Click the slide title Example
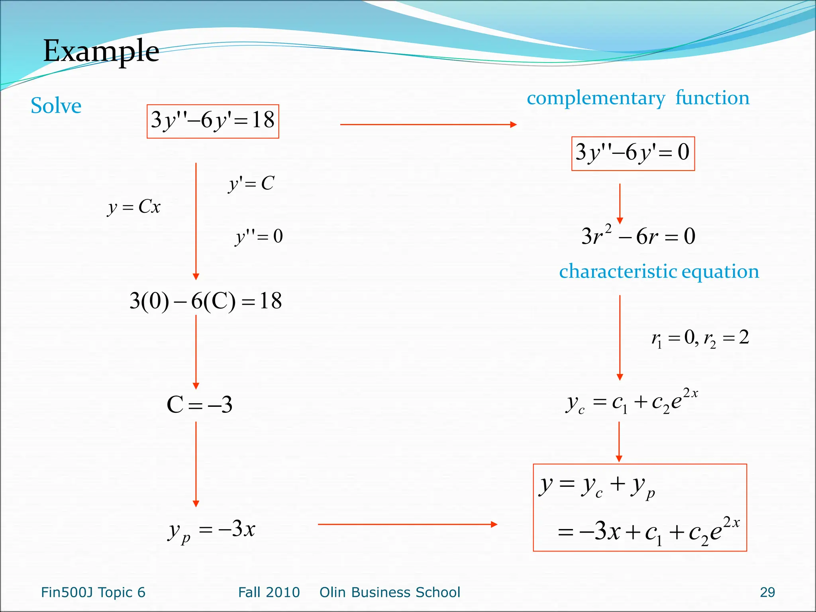(101, 51)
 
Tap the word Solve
(56, 106)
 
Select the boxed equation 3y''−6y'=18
(213, 121)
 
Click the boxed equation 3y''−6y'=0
(633, 153)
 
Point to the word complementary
(596, 98)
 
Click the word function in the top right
(712, 98)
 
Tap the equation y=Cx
(134, 207)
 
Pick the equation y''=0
(259, 237)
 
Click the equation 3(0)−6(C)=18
(206, 301)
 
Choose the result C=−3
(199, 405)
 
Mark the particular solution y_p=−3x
(211, 531)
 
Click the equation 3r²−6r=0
(638, 236)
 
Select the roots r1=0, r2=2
(700, 339)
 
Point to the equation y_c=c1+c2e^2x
(632, 402)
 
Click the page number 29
(767, 592)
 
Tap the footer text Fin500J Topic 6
(93, 592)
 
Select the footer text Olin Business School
(390, 592)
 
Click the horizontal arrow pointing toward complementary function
(428, 125)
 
